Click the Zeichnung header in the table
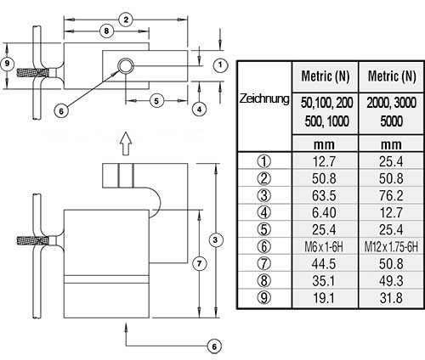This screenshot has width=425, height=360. point(264,99)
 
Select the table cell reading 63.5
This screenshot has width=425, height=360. point(324,195)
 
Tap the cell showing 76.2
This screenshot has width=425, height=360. point(391,195)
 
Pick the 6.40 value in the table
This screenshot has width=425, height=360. point(324,212)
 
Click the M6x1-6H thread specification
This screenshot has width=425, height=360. point(324,247)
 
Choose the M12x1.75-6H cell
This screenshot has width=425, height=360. point(391,247)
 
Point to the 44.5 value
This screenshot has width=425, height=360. point(324,264)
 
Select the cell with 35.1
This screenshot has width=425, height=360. point(324,281)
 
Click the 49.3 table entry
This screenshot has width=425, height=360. point(391,281)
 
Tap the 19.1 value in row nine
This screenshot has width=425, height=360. point(324,298)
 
